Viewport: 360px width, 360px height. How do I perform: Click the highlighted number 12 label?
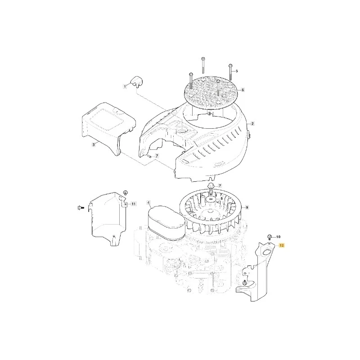point(282,245)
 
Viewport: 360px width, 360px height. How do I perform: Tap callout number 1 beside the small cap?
point(125,86)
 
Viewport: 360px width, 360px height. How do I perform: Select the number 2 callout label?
point(252,123)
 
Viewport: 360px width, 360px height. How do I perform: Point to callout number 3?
point(94,144)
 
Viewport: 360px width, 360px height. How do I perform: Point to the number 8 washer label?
point(222,198)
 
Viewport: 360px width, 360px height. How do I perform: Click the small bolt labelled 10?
point(270,237)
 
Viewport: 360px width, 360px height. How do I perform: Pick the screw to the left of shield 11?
point(80,208)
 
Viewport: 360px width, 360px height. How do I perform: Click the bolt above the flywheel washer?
point(211,188)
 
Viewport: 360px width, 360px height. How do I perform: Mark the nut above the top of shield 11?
point(126,193)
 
